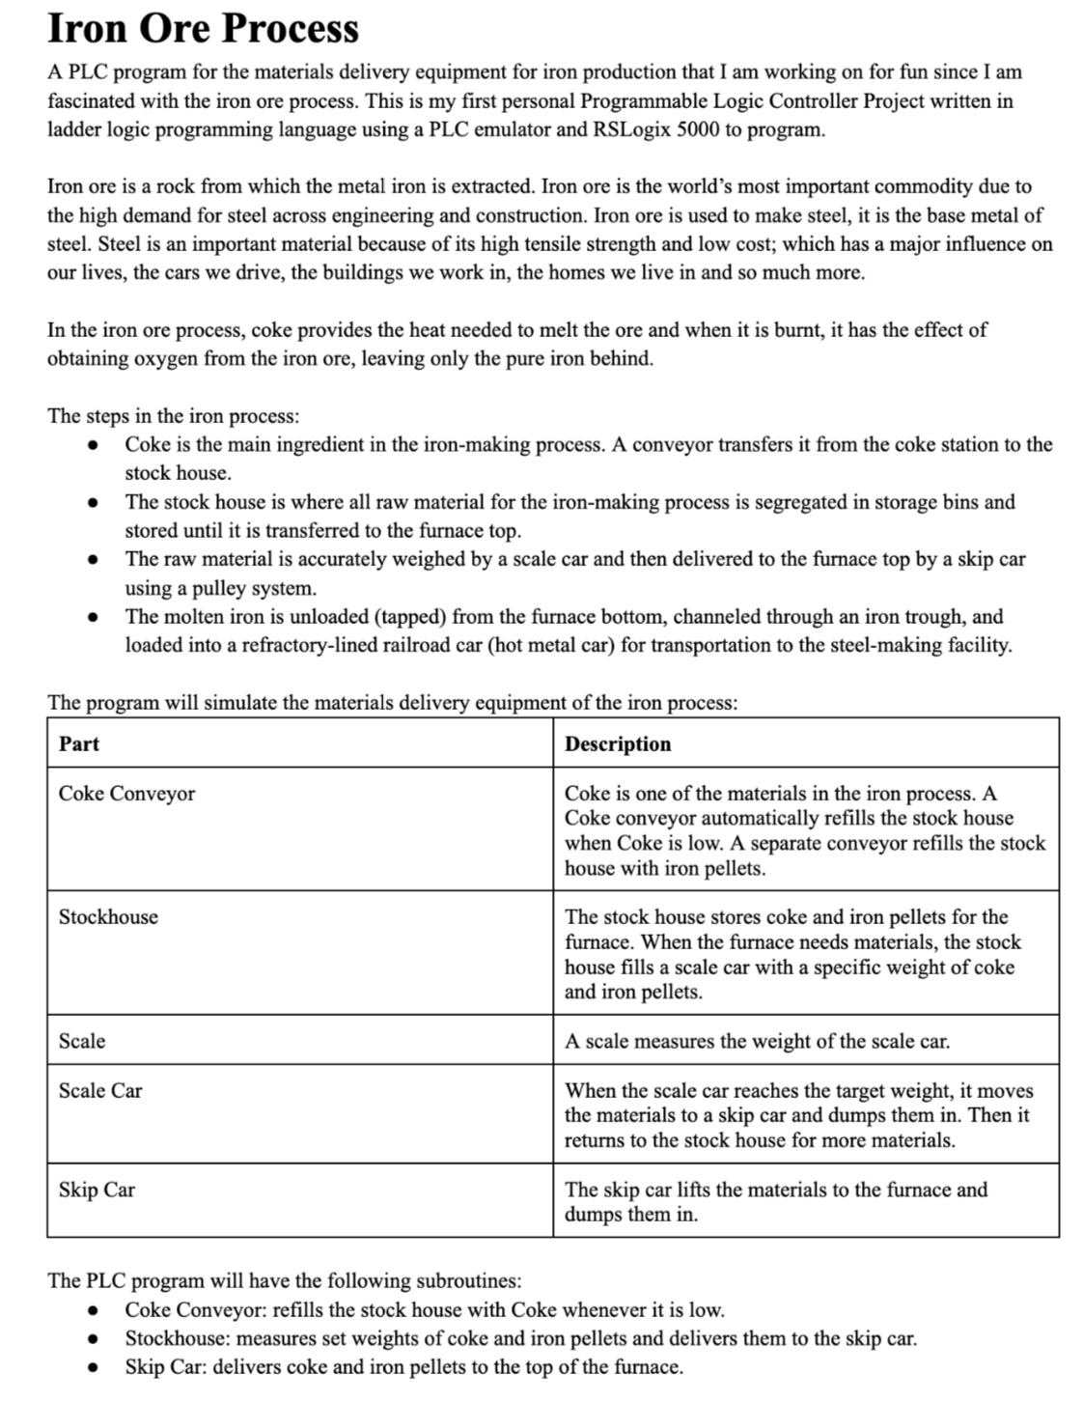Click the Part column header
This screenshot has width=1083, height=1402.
point(79,743)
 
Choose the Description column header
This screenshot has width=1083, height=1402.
point(618,743)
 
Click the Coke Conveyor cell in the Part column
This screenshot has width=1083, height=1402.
point(126,794)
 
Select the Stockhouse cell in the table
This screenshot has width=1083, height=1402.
point(108,917)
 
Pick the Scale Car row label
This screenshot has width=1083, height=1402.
point(100,1091)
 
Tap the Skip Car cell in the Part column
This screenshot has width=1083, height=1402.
point(97,1190)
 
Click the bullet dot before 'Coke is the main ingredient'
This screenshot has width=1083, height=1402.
point(93,445)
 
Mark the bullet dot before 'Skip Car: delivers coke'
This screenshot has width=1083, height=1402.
point(93,1367)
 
